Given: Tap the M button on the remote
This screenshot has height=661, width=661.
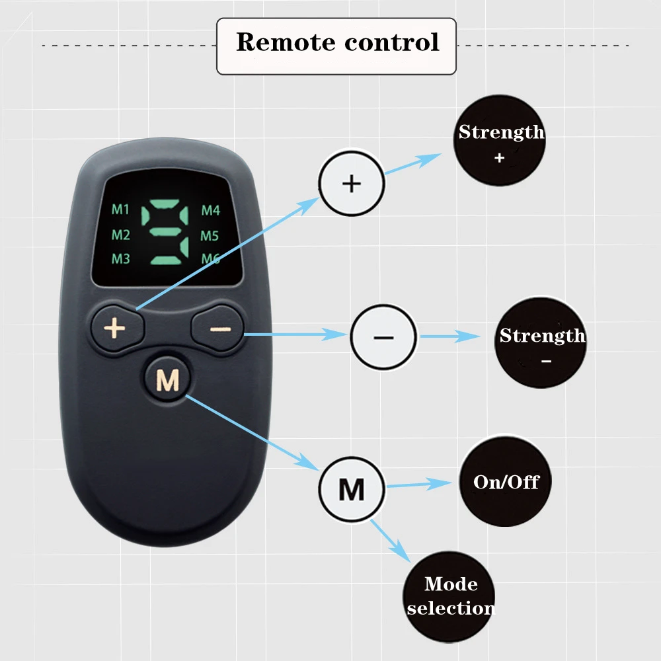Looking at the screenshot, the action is coord(167,380).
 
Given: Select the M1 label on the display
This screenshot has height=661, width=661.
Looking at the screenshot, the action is coord(120,211).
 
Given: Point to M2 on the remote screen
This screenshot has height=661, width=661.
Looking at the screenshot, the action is coord(120,235).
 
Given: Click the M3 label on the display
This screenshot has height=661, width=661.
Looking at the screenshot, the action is coord(120,258).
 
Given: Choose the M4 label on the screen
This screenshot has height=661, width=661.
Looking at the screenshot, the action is coord(210,211).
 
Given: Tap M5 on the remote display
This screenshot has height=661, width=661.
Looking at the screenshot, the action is coord(210,235).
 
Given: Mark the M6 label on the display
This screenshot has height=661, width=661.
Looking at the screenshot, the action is coord(210,258).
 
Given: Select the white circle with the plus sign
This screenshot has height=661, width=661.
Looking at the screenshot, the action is coord(351,183).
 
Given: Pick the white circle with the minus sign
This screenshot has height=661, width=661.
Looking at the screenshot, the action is coord(383,337).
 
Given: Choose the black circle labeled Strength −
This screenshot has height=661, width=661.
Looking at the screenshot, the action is coord(541,343).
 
